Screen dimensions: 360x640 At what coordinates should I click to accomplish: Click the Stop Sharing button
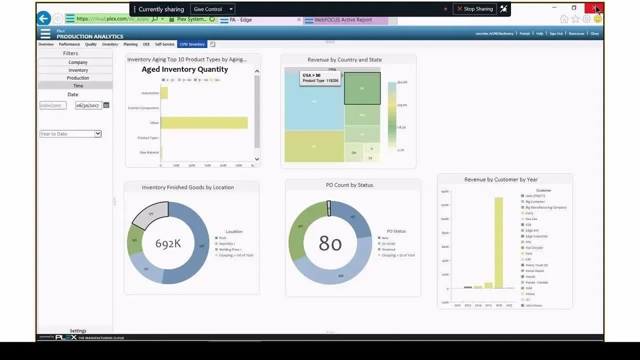(475, 9)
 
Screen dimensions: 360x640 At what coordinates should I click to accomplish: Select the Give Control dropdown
(213, 9)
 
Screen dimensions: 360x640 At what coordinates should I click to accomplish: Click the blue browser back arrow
(44, 19)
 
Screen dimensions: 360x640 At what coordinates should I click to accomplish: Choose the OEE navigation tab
(146, 44)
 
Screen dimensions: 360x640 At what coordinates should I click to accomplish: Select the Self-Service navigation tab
(165, 44)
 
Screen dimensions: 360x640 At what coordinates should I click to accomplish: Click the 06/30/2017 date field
(89, 106)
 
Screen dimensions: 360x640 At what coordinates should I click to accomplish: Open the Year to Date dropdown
(70, 134)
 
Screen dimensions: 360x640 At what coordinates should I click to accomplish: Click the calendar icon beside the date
(106, 105)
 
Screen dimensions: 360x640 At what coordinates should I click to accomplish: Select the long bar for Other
(204, 123)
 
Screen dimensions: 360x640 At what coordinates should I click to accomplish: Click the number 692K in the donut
(168, 244)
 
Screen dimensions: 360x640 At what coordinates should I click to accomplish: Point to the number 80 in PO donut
(330, 244)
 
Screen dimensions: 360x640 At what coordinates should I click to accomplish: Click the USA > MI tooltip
(320, 78)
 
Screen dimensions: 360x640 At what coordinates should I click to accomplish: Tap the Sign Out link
(556, 34)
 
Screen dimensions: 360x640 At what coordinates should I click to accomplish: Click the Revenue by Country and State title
(345, 60)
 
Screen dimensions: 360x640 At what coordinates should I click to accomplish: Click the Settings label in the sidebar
(78, 331)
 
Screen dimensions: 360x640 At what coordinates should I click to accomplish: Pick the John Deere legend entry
(533, 306)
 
